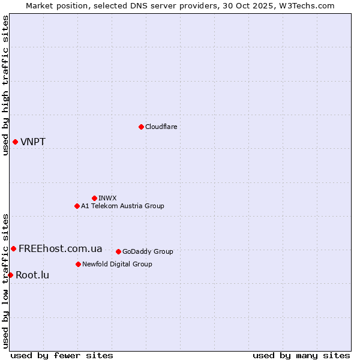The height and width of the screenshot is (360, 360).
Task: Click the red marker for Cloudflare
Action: [x=141, y=127]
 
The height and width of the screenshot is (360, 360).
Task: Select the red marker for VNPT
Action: [x=15, y=142]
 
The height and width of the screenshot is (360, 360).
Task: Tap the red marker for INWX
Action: [x=94, y=198]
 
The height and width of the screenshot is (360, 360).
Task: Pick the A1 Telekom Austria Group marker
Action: [x=77, y=206]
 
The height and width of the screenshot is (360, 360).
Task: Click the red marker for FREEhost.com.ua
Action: [x=13, y=248]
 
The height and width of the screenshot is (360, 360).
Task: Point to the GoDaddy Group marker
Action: [x=118, y=251]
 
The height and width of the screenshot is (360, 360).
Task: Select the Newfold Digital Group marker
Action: [x=78, y=264]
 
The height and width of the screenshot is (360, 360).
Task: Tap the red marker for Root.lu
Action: [x=10, y=275]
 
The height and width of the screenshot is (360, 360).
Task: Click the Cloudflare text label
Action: [x=161, y=127]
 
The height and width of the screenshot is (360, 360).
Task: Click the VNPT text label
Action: [x=33, y=142]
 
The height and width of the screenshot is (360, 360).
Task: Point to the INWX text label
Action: [x=107, y=198]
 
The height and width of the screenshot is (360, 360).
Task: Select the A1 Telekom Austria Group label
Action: [x=122, y=206]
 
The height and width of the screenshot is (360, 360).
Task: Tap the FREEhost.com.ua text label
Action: [x=61, y=249]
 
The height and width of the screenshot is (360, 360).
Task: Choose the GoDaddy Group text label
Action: [x=148, y=251]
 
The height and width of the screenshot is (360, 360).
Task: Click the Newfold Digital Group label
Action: [x=117, y=264]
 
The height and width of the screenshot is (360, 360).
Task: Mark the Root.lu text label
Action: [x=32, y=275]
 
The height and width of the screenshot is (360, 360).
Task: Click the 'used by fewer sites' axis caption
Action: [x=62, y=355]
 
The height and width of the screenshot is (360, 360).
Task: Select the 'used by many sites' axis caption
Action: [x=301, y=355]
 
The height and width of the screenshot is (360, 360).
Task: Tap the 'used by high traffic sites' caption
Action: [x=5, y=85]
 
